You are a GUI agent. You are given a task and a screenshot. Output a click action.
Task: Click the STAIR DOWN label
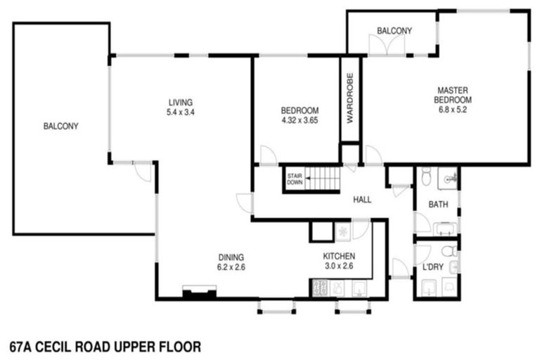click(x=294, y=179)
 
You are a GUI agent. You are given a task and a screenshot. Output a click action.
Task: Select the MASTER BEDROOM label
click(x=453, y=95)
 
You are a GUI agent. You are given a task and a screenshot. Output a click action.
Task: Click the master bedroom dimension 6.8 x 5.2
click(x=453, y=109)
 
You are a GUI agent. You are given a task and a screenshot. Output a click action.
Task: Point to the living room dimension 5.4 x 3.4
click(x=180, y=112)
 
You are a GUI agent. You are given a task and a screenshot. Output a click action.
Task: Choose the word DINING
click(x=231, y=257)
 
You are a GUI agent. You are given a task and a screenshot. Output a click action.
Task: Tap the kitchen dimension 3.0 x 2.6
click(x=338, y=266)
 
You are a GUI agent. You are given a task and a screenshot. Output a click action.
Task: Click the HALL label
click(x=363, y=200)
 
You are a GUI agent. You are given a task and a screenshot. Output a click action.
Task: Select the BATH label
click(x=438, y=205)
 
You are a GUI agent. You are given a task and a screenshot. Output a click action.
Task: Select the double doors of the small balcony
click(x=388, y=45)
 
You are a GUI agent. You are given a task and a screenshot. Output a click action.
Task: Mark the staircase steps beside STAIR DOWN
click(x=323, y=179)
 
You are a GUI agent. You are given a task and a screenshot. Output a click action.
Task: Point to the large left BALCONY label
click(x=60, y=127)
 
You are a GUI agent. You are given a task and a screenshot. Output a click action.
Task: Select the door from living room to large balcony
click(x=143, y=170)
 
